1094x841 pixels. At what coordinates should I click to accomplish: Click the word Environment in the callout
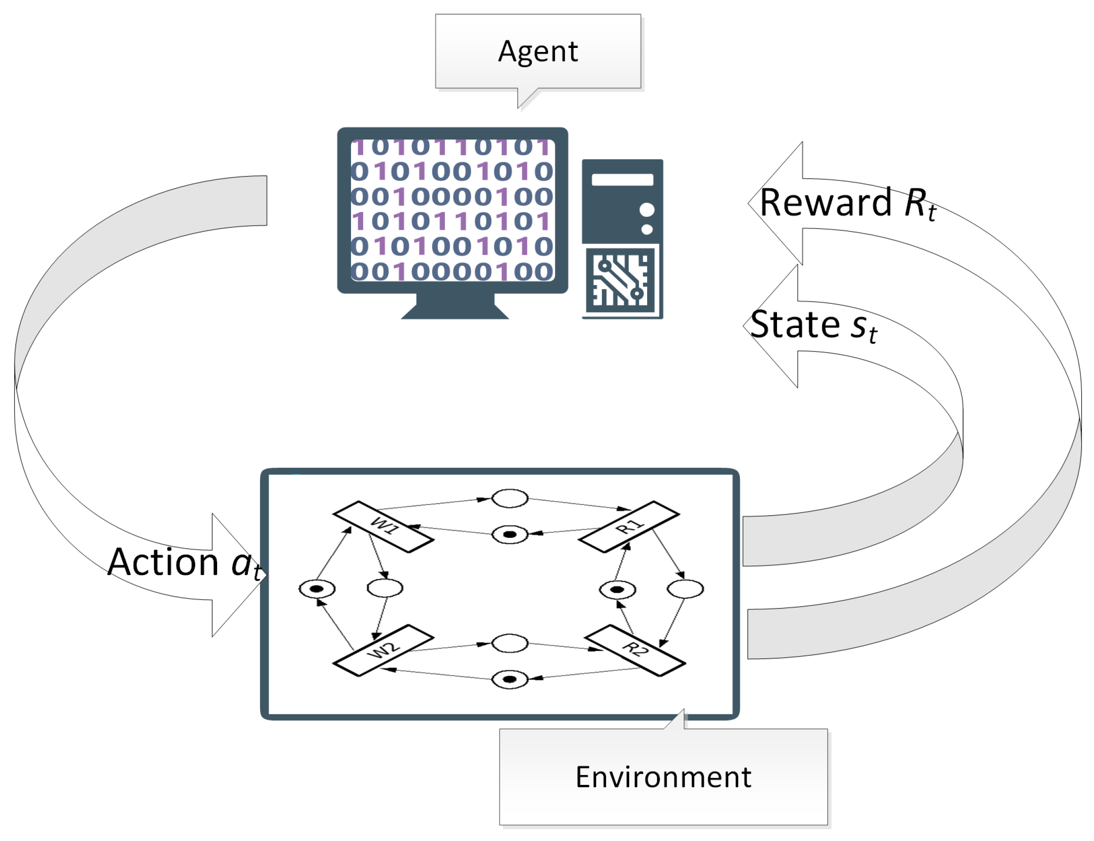click(x=663, y=777)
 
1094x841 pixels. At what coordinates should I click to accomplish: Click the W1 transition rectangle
click(x=384, y=527)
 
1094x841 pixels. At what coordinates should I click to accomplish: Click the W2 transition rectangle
click(x=384, y=650)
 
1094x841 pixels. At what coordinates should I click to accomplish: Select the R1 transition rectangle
click(x=629, y=527)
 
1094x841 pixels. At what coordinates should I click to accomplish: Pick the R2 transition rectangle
click(x=635, y=650)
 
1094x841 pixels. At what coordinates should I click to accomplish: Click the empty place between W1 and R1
click(x=510, y=499)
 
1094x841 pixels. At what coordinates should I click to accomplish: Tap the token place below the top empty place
click(x=510, y=535)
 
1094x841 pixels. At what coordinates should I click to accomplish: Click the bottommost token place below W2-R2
click(x=510, y=679)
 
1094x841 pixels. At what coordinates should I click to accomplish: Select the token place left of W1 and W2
click(x=317, y=589)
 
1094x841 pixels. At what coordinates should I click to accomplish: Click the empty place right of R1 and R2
click(x=685, y=589)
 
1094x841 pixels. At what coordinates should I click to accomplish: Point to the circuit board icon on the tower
click(x=620, y=280)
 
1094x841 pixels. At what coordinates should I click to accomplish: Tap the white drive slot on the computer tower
click(x=622, y=180)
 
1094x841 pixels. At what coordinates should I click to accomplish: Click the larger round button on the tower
click(x=647, y=210)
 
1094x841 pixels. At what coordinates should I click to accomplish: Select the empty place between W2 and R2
click(x=510, y=643)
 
